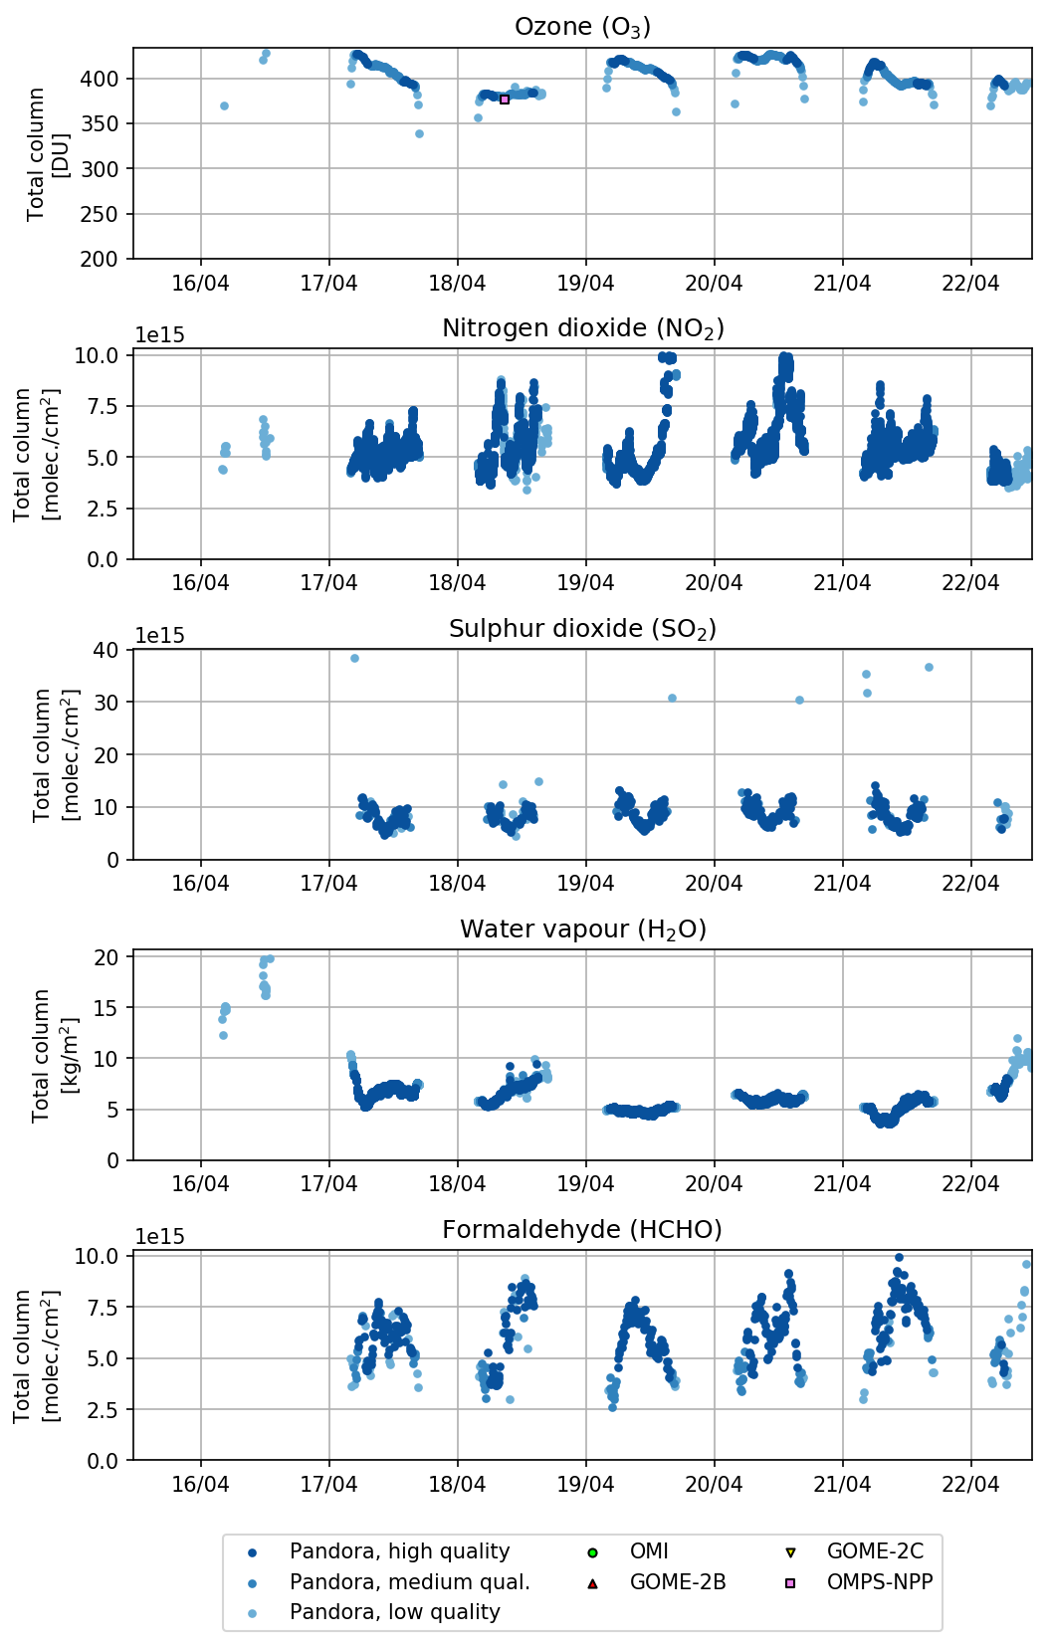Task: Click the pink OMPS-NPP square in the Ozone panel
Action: click(505, 100)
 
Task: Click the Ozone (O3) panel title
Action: click(582, 27)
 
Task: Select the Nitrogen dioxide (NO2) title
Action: click(582, 328)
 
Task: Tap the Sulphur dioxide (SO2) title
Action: click(582, 629)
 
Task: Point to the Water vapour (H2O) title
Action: click(582, 929)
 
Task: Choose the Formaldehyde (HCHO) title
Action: click(582, 1230)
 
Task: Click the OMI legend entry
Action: click(649, 1551)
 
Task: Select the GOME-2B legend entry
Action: click(677, 1582)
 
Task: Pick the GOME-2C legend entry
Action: click(874, 1551)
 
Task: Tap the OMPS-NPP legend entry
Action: click(879, 1582)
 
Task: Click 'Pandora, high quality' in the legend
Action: click(399, 1551)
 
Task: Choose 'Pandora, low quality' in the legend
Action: click(394, 1612)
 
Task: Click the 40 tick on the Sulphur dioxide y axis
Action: click(105, 650)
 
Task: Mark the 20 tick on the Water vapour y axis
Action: click(105, 957)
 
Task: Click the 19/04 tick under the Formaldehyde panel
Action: click(585, 1485)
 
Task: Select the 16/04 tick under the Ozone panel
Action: click(200, 284)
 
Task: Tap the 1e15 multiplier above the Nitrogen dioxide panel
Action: click(159, 335)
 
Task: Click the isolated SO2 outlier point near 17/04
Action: click(354, 659)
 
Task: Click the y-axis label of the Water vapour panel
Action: click(41, 1055)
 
